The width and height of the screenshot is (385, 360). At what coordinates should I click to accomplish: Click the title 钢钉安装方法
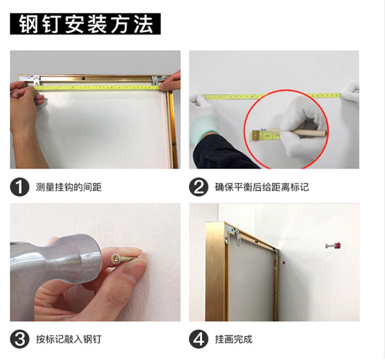(85, 24)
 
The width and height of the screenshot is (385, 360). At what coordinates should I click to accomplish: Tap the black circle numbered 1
(20, 187)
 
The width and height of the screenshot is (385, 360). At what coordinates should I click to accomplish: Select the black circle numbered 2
(199, 187)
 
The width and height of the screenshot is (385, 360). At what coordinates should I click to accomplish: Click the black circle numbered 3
(20, 339)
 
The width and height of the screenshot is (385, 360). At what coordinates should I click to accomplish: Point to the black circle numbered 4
(199, 339)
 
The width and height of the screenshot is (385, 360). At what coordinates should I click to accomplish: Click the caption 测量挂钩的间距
(68, 187)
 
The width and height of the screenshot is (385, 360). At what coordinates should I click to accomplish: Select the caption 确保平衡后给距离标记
(262, 187)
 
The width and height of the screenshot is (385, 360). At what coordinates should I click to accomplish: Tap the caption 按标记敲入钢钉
(68, 339)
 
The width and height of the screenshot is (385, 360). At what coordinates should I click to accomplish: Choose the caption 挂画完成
(234, 339)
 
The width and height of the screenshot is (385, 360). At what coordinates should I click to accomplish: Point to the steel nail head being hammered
(115, 259)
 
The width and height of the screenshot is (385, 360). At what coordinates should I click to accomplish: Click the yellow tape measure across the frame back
(97, 88)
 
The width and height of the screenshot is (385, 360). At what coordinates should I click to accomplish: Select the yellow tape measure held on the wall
(273, 96)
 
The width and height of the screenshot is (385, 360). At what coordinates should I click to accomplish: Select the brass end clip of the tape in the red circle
(256, 136)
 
